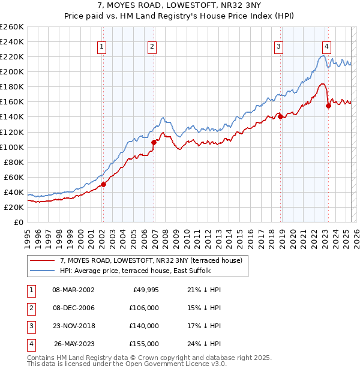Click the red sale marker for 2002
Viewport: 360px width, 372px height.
pos(103,184)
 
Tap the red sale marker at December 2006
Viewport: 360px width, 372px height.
pos(154,142)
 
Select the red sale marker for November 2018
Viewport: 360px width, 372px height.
pos(281,116)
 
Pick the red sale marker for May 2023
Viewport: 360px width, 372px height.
pos(328,106)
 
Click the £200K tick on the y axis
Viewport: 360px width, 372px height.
pos(12,71)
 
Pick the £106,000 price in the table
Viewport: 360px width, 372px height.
pos(144,308)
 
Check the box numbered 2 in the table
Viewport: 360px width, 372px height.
pos(31,308)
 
